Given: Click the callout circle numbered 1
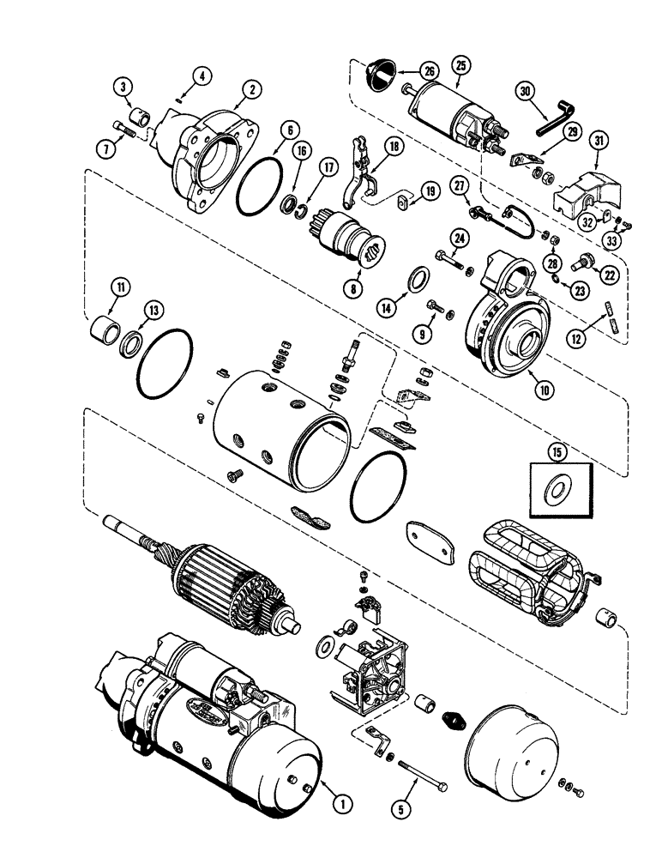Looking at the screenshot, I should pos(340,803).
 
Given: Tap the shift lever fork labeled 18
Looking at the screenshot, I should pos(358,175).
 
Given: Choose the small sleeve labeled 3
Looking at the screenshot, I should pos(140,116).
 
